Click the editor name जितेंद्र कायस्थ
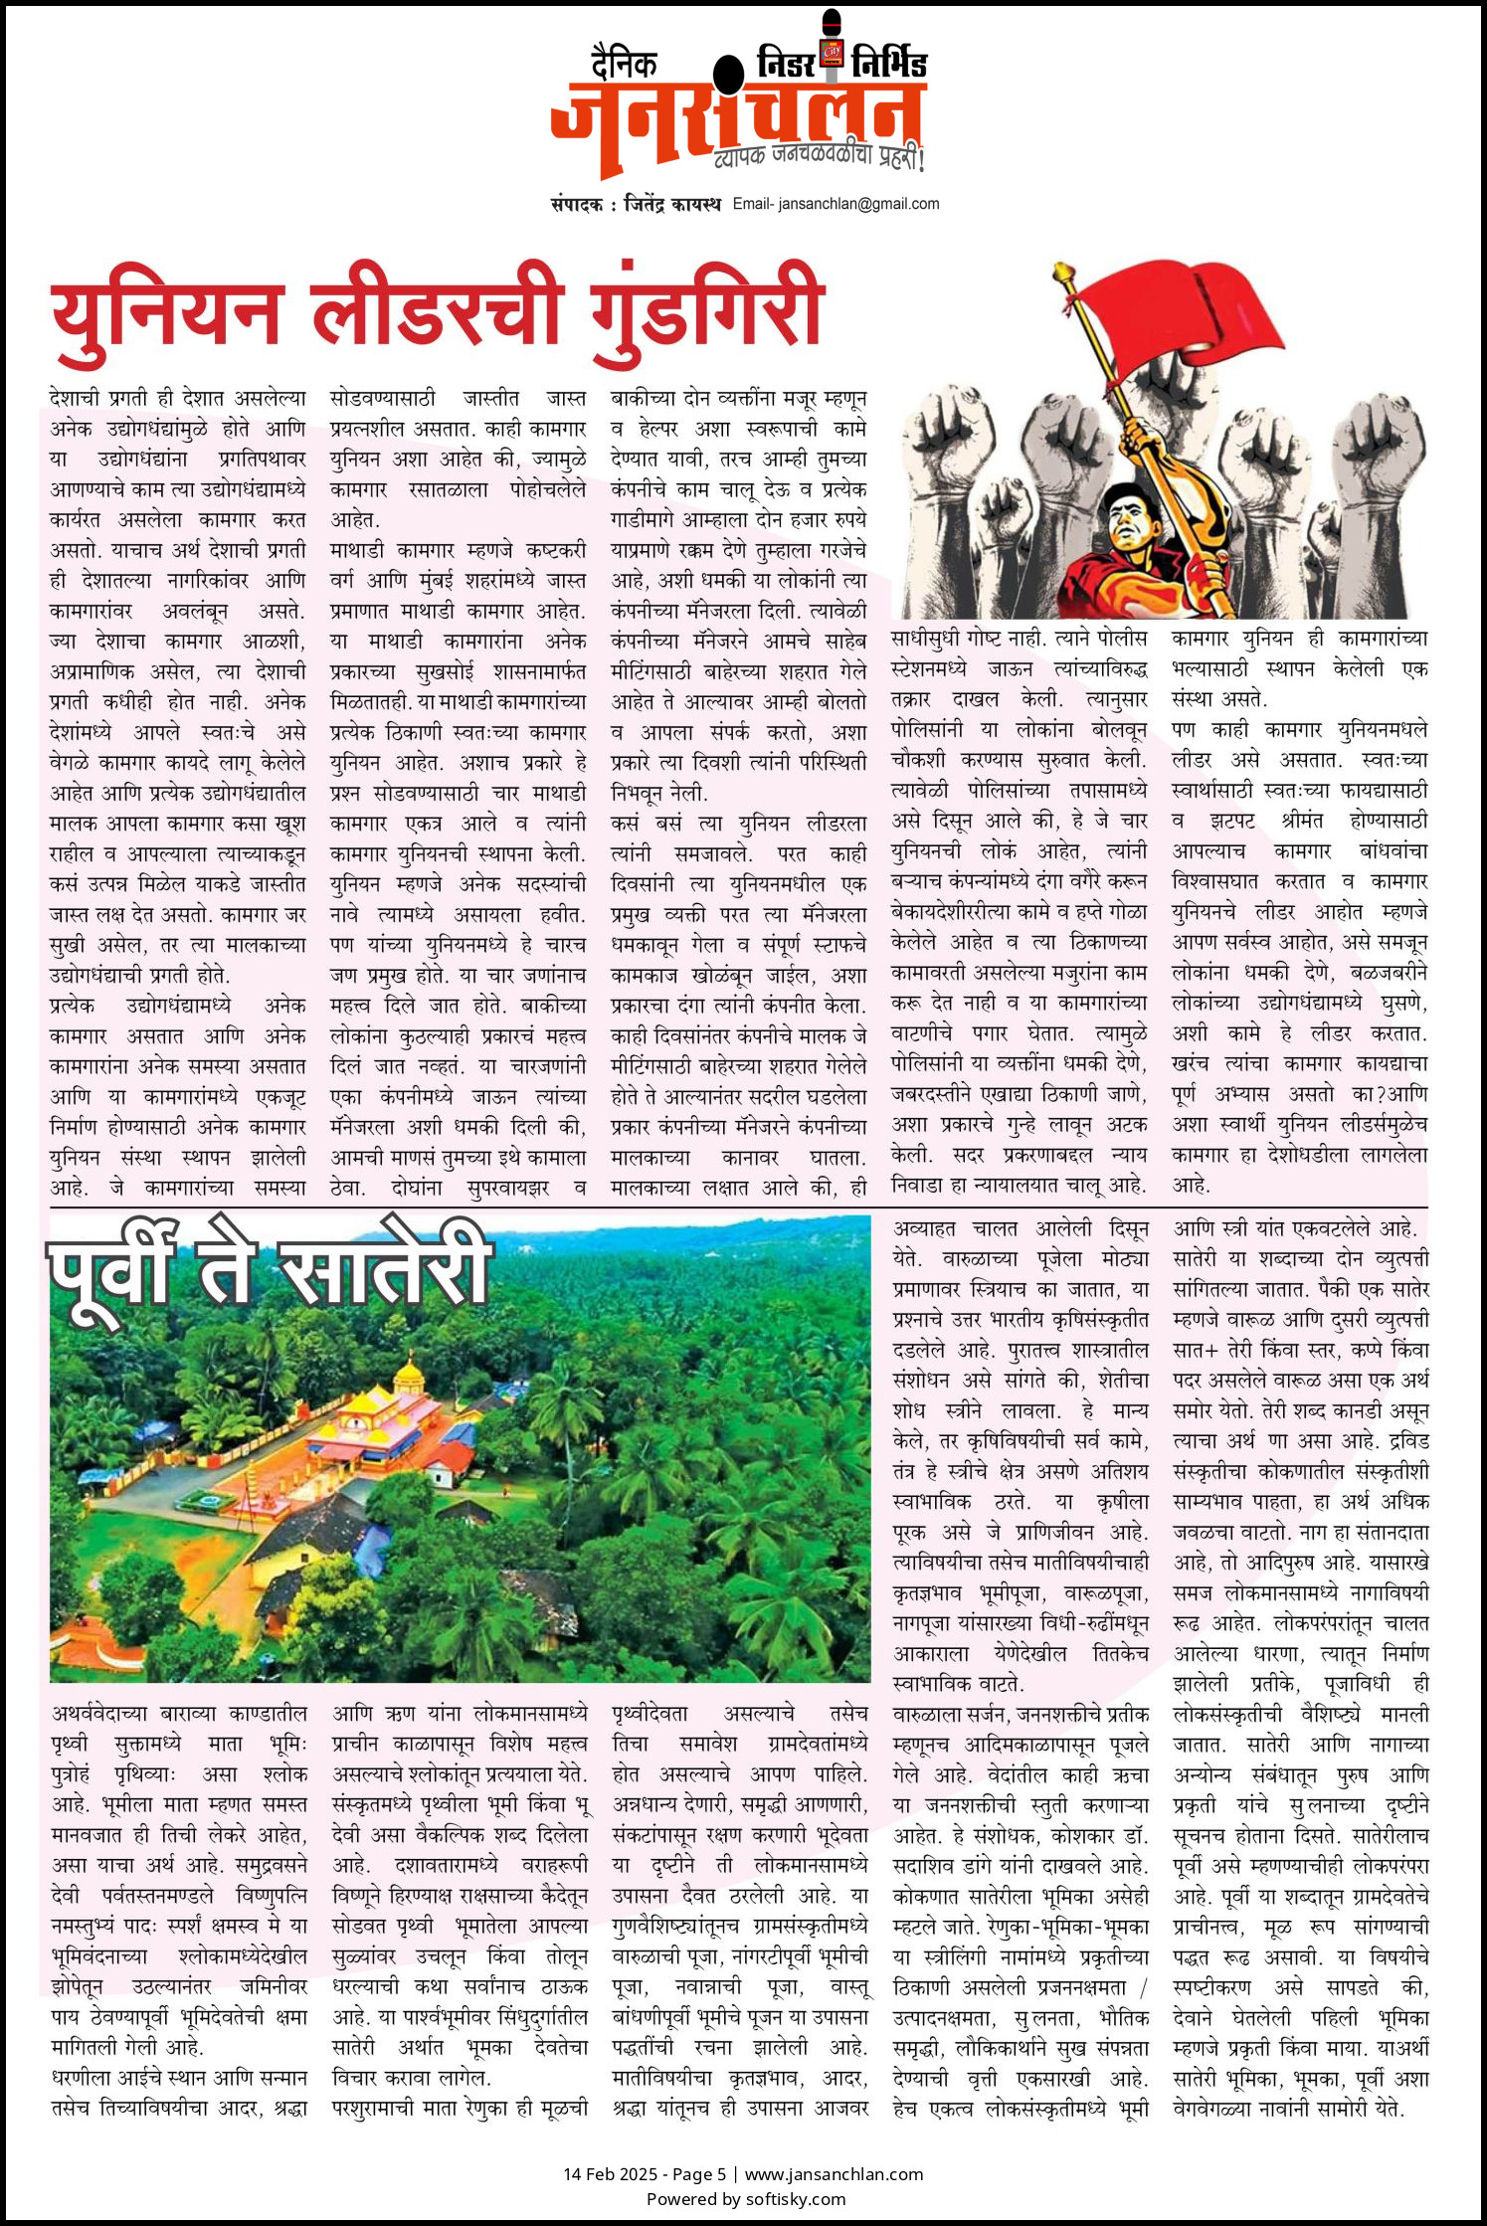point(672,204)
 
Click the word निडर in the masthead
point(786,64)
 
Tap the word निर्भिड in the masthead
point(889,64)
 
